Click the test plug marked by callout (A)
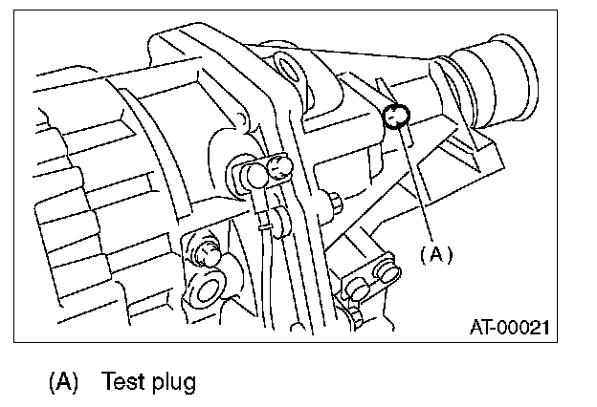(395, 116)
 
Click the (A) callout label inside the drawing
(434, 255)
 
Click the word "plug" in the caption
(173, 385)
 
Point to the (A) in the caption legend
(63, 383)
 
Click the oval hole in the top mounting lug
(288, 68)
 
